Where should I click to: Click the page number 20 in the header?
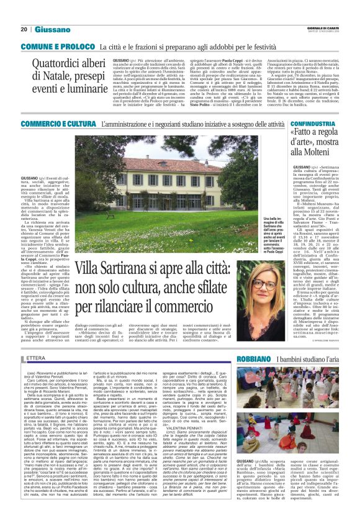tap(24, 29)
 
